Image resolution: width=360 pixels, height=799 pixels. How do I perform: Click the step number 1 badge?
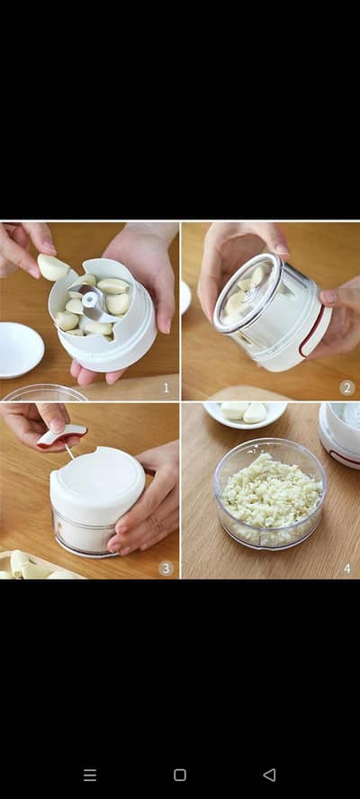point(166,388)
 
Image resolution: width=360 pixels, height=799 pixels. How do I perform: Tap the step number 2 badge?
point(346,388)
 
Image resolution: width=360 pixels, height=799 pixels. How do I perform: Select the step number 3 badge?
point(166,568)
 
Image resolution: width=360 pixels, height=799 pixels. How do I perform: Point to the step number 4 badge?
point(346,568)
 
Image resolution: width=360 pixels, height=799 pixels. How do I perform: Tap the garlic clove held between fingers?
point(51,267)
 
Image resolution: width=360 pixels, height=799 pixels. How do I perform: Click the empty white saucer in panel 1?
point(19,349)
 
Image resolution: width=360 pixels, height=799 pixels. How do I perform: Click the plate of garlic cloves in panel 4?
point(244,413)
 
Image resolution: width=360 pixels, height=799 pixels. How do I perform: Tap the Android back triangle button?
point(269,775)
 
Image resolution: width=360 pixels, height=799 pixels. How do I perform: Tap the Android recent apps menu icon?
point(90,775)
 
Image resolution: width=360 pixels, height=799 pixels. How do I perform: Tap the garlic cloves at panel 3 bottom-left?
point(27,567)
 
